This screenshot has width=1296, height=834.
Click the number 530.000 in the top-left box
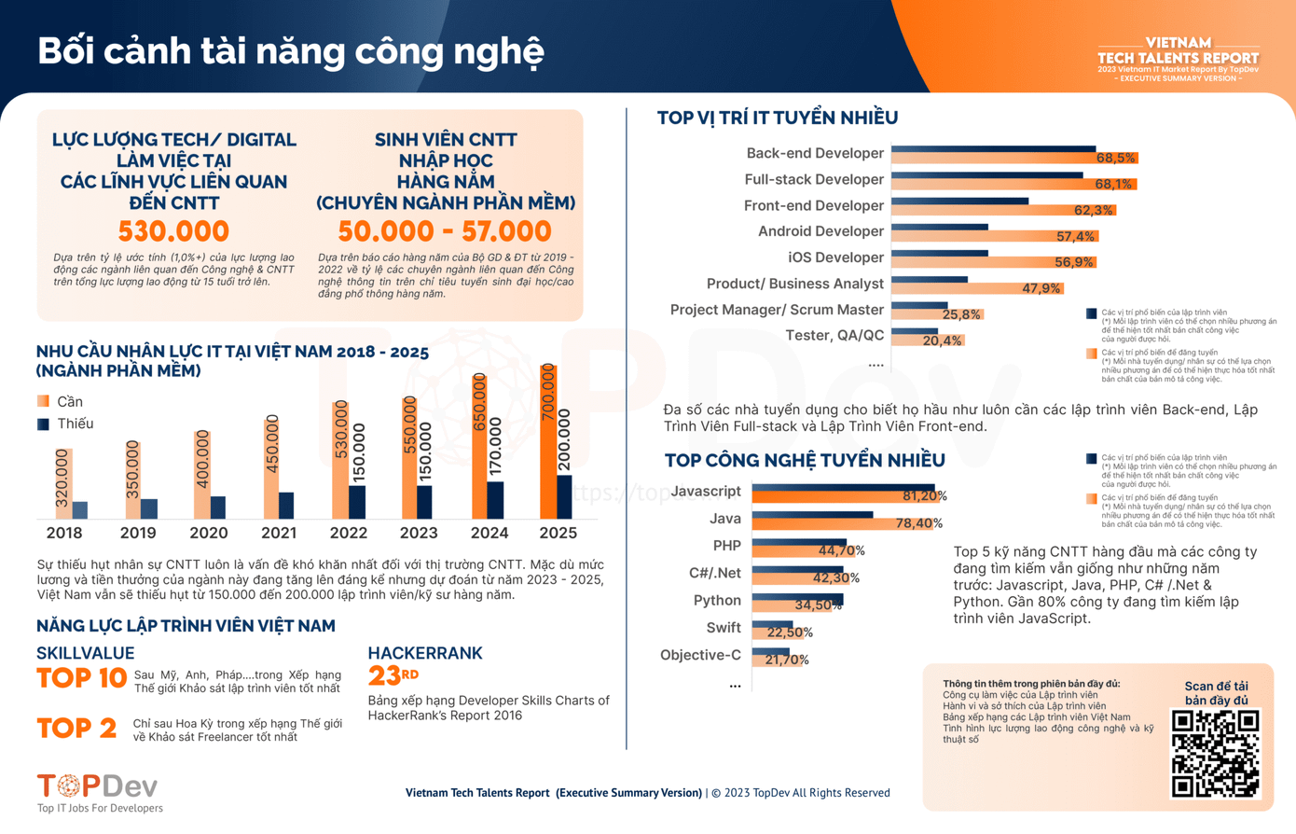click(x=173, y=230)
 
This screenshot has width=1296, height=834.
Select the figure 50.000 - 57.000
click(x=445, y=230)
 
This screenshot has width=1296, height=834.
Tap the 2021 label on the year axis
click(x=279, y=533)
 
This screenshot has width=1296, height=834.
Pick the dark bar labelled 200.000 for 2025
click(x=564, y=496)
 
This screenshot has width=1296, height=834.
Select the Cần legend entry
click(x=61, y=401)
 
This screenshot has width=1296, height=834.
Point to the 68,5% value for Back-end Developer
click(x=1115, y=159)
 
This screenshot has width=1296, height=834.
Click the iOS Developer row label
click(x=835, y=257)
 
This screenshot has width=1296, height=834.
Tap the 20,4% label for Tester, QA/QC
click(x=941, y=341)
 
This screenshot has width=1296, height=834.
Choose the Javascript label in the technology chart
click(x=706, y=492)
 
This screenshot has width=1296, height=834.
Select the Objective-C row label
click(x=700, y=655)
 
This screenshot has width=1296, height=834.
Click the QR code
click(x=1215, y=754)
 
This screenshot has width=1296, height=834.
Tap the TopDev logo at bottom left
click(x=97, y=786)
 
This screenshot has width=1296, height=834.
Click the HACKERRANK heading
click(x=425, y=653)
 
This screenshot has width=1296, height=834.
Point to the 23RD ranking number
click(x=393, y=674)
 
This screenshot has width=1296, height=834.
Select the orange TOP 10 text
click(x=81, y=678)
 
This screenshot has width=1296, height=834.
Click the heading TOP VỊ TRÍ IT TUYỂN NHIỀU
click(x=777, y=118)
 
